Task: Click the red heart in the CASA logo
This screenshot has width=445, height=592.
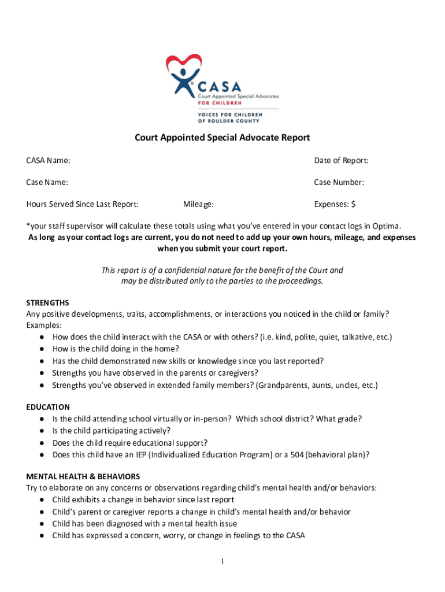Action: tap(184, 62)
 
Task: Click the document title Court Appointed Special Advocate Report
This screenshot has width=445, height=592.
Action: tap(222, 138)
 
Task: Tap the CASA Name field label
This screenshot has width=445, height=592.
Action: tap(49, 160)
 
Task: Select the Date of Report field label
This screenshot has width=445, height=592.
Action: tap(341, 160)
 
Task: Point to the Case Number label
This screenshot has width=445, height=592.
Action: tap(339, 182)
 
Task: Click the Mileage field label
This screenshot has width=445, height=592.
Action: tap(198, 204)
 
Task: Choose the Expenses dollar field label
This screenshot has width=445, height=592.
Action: tap(335, 204)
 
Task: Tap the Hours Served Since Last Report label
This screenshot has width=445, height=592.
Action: tap(82, 204)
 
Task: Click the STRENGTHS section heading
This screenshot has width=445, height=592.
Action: tap(47, 302)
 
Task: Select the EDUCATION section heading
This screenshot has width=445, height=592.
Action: tap(48, 407)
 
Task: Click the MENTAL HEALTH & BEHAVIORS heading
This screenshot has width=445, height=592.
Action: tap(83, 477)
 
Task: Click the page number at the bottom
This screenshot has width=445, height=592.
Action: tap(222, 561)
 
